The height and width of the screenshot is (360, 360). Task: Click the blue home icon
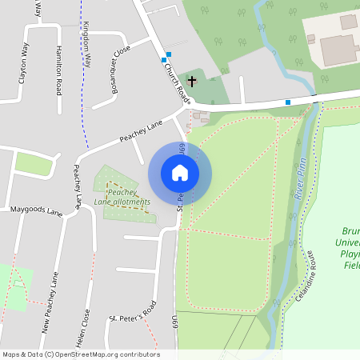coord(180,173)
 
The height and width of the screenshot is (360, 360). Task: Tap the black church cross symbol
coord(192,81)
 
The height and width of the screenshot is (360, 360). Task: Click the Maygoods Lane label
coord(36,212)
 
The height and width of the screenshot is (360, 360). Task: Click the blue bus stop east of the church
coord(288,102)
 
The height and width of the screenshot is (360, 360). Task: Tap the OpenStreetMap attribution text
coord(81,354)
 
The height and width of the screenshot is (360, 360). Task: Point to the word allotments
coord(130,202)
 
